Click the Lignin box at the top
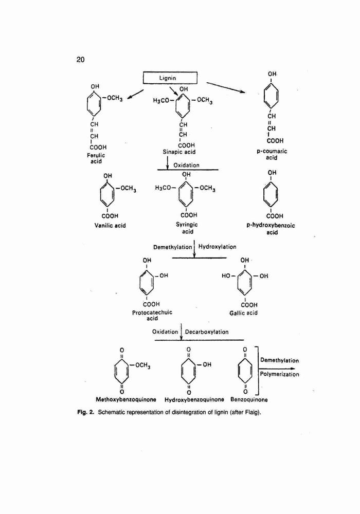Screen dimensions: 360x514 coord(170,78)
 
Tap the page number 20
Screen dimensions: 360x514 coord(80,59)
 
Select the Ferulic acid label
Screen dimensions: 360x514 coord(96,158)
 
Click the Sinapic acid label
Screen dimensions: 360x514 coord(179,152)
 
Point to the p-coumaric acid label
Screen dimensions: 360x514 coord(272,154)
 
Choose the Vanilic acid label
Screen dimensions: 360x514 coord(110,226)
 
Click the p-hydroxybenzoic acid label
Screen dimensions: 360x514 coord(271,229)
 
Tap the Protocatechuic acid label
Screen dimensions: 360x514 coord(152,316)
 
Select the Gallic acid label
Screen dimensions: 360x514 coord(243,313)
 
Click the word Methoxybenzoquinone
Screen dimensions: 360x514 coord(126,399)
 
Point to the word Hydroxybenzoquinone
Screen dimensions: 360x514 coord(194,399)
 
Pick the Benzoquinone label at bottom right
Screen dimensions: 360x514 coord(249,399)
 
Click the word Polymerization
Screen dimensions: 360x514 coord(280,374)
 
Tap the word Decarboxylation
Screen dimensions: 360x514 coord(207,332)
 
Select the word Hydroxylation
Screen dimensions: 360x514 coord(218,247)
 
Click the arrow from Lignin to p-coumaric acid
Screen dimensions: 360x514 coord(226,87)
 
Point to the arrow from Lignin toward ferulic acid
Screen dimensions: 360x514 coord(135,94)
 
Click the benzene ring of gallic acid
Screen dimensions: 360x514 coord(245,281)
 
